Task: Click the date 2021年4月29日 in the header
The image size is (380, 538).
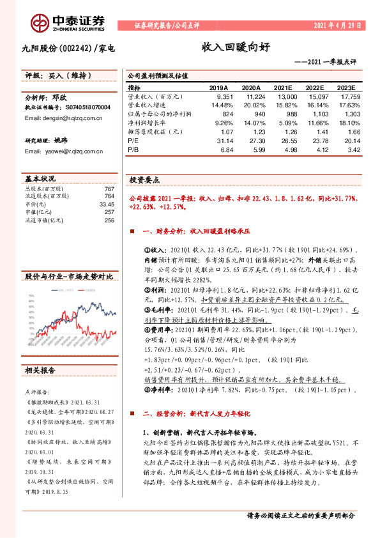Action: [337, 26]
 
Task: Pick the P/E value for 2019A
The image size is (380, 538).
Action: [218, 139]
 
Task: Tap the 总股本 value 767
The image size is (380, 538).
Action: [109, 190]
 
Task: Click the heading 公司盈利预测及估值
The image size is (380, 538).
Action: [156, 75]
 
